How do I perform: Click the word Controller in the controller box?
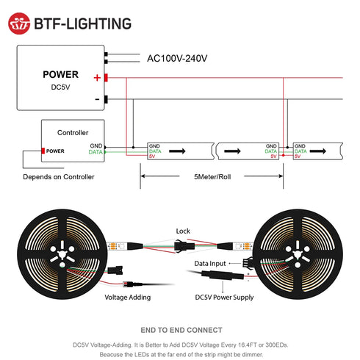click(73, 133)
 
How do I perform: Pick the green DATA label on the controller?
click(96, 152)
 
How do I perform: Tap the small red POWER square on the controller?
click(43, 151)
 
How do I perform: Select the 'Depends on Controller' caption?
click(59, 177)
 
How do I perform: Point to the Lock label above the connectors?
click(183, 231)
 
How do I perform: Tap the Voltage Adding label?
click(127, 298)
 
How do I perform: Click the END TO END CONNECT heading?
click(181, 330)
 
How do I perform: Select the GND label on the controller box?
click(97, 145)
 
